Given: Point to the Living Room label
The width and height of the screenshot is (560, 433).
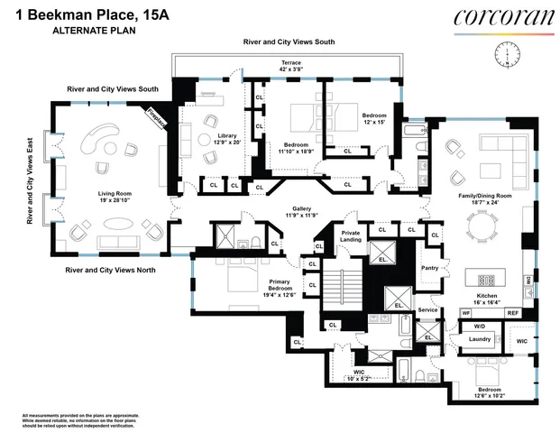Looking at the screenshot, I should pyautogui.click(x=115, y=197).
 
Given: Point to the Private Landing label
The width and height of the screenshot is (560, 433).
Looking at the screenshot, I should pyautogui.click(x=351, y=236).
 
